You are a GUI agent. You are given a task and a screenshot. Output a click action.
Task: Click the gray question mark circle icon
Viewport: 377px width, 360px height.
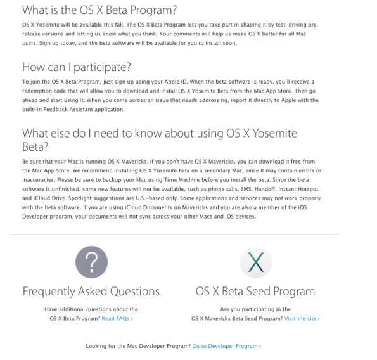coord(91,262)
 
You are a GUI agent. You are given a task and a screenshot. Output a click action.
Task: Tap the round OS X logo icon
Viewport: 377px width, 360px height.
coord(255,262)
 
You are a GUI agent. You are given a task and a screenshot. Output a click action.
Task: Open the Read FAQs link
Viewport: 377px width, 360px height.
coord(117,318)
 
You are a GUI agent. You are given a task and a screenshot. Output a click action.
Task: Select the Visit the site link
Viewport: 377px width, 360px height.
coord(302,318)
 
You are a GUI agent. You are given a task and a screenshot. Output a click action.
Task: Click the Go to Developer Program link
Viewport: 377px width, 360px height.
coord(226,346)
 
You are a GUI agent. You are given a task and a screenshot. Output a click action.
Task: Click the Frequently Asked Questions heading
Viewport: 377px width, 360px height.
coord(91,292)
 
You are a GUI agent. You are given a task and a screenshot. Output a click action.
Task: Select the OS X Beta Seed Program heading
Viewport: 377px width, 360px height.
coord(255,292)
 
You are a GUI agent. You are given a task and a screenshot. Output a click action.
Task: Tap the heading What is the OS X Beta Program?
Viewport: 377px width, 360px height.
coord(99,10)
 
